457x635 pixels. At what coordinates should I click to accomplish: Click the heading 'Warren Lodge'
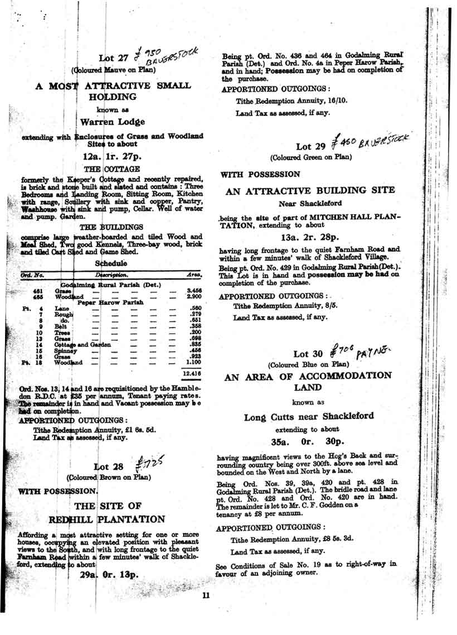coord(113,121)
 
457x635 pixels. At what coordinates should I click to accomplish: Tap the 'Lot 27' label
coord(114,58)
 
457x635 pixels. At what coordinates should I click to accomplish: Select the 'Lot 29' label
coord(311,146)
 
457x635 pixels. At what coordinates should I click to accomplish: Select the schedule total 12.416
coord(192,372)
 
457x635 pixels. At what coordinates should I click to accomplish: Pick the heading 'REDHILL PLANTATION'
coord(107,519)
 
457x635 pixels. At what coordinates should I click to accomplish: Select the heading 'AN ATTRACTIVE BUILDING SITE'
coord(318,191)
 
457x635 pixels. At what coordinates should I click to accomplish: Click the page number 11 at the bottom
coord(206,595)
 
